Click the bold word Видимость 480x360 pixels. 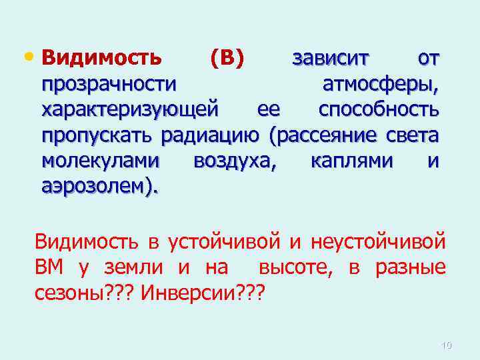(101, 59)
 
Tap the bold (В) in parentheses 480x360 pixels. (227, 59)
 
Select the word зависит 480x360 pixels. (330, 59)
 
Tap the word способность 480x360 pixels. (379, 109)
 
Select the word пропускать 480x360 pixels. (98, 136)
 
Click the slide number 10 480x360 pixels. (447, 345)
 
